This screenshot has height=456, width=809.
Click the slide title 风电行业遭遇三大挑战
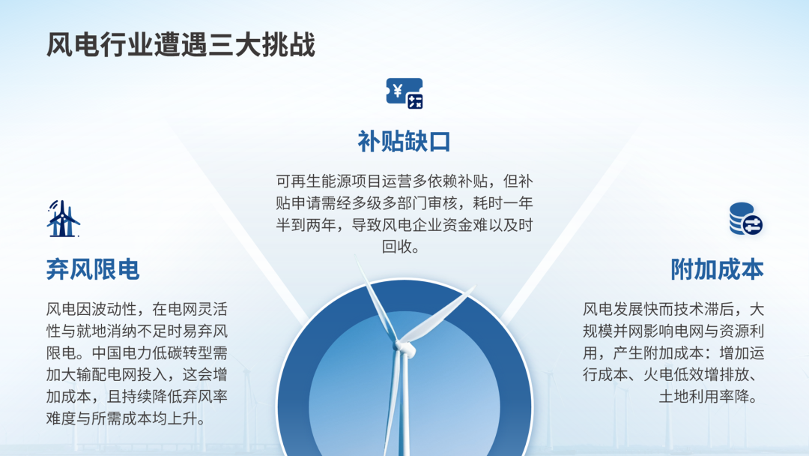tap(181, 45)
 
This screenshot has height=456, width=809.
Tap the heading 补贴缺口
tap(404, 142)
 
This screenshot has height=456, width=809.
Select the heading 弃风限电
tap(93, 269)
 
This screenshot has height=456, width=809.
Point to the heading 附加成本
tap(717, 269)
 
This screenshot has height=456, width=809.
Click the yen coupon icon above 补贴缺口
tap(404, 94)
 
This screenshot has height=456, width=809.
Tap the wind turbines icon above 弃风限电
tap(63, 218)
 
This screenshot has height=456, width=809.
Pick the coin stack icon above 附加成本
tap(746, 218)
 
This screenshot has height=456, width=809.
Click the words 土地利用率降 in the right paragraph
tap(703, 397)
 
